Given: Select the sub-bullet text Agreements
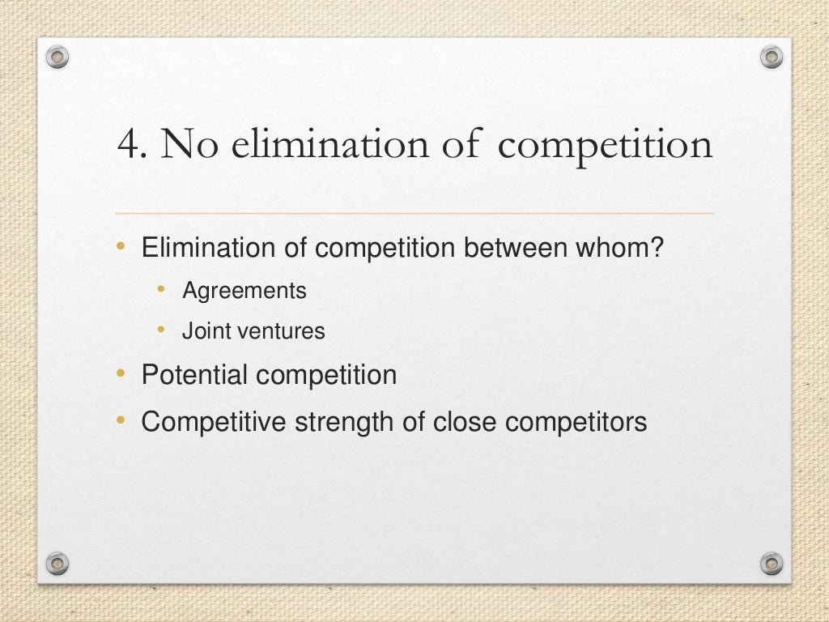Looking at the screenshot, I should (x=244, y=291).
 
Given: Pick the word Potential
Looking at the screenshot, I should (x=195, y=376).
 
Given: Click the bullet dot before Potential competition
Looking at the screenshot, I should (x=121, y=374).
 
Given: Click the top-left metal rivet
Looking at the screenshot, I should (x=57, y=57).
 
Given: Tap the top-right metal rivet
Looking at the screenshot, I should (x=772, y=57).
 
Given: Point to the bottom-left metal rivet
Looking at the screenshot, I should (x=57, y=562).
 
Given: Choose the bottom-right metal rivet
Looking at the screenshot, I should (x=772, y=562).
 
